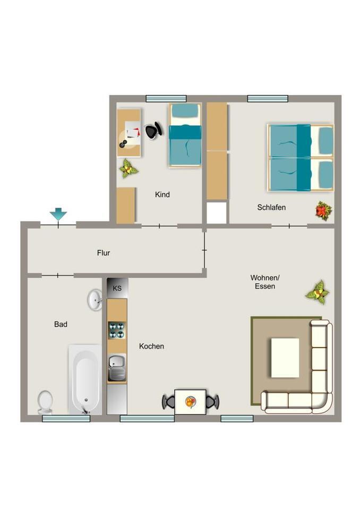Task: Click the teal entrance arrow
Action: tap(58, 214)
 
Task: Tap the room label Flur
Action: tap(104, 253)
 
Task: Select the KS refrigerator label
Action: tap(117, 288)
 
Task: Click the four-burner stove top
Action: tap(117, 330)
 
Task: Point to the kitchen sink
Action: tap(117, 368)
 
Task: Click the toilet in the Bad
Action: tap(45, 402)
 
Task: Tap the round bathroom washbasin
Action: tap(95, 299)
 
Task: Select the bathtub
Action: tap(85, 379)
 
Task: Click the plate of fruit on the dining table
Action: tap(191, 402)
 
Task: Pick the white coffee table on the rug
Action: tap(285, 358)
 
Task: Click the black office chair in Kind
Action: tap(153, 131)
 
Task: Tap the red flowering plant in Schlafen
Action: tap(324, 211)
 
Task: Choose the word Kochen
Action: tap(151, 346)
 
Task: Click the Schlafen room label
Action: tap(271, 207)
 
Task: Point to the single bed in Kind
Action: tap(185, 135)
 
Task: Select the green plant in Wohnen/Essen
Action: tap(318, 292)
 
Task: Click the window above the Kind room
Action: tap(166, 99)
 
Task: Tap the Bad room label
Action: tap(61, 324)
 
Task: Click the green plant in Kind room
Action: tap(128, 168)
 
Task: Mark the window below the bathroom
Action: tap(66, 419)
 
